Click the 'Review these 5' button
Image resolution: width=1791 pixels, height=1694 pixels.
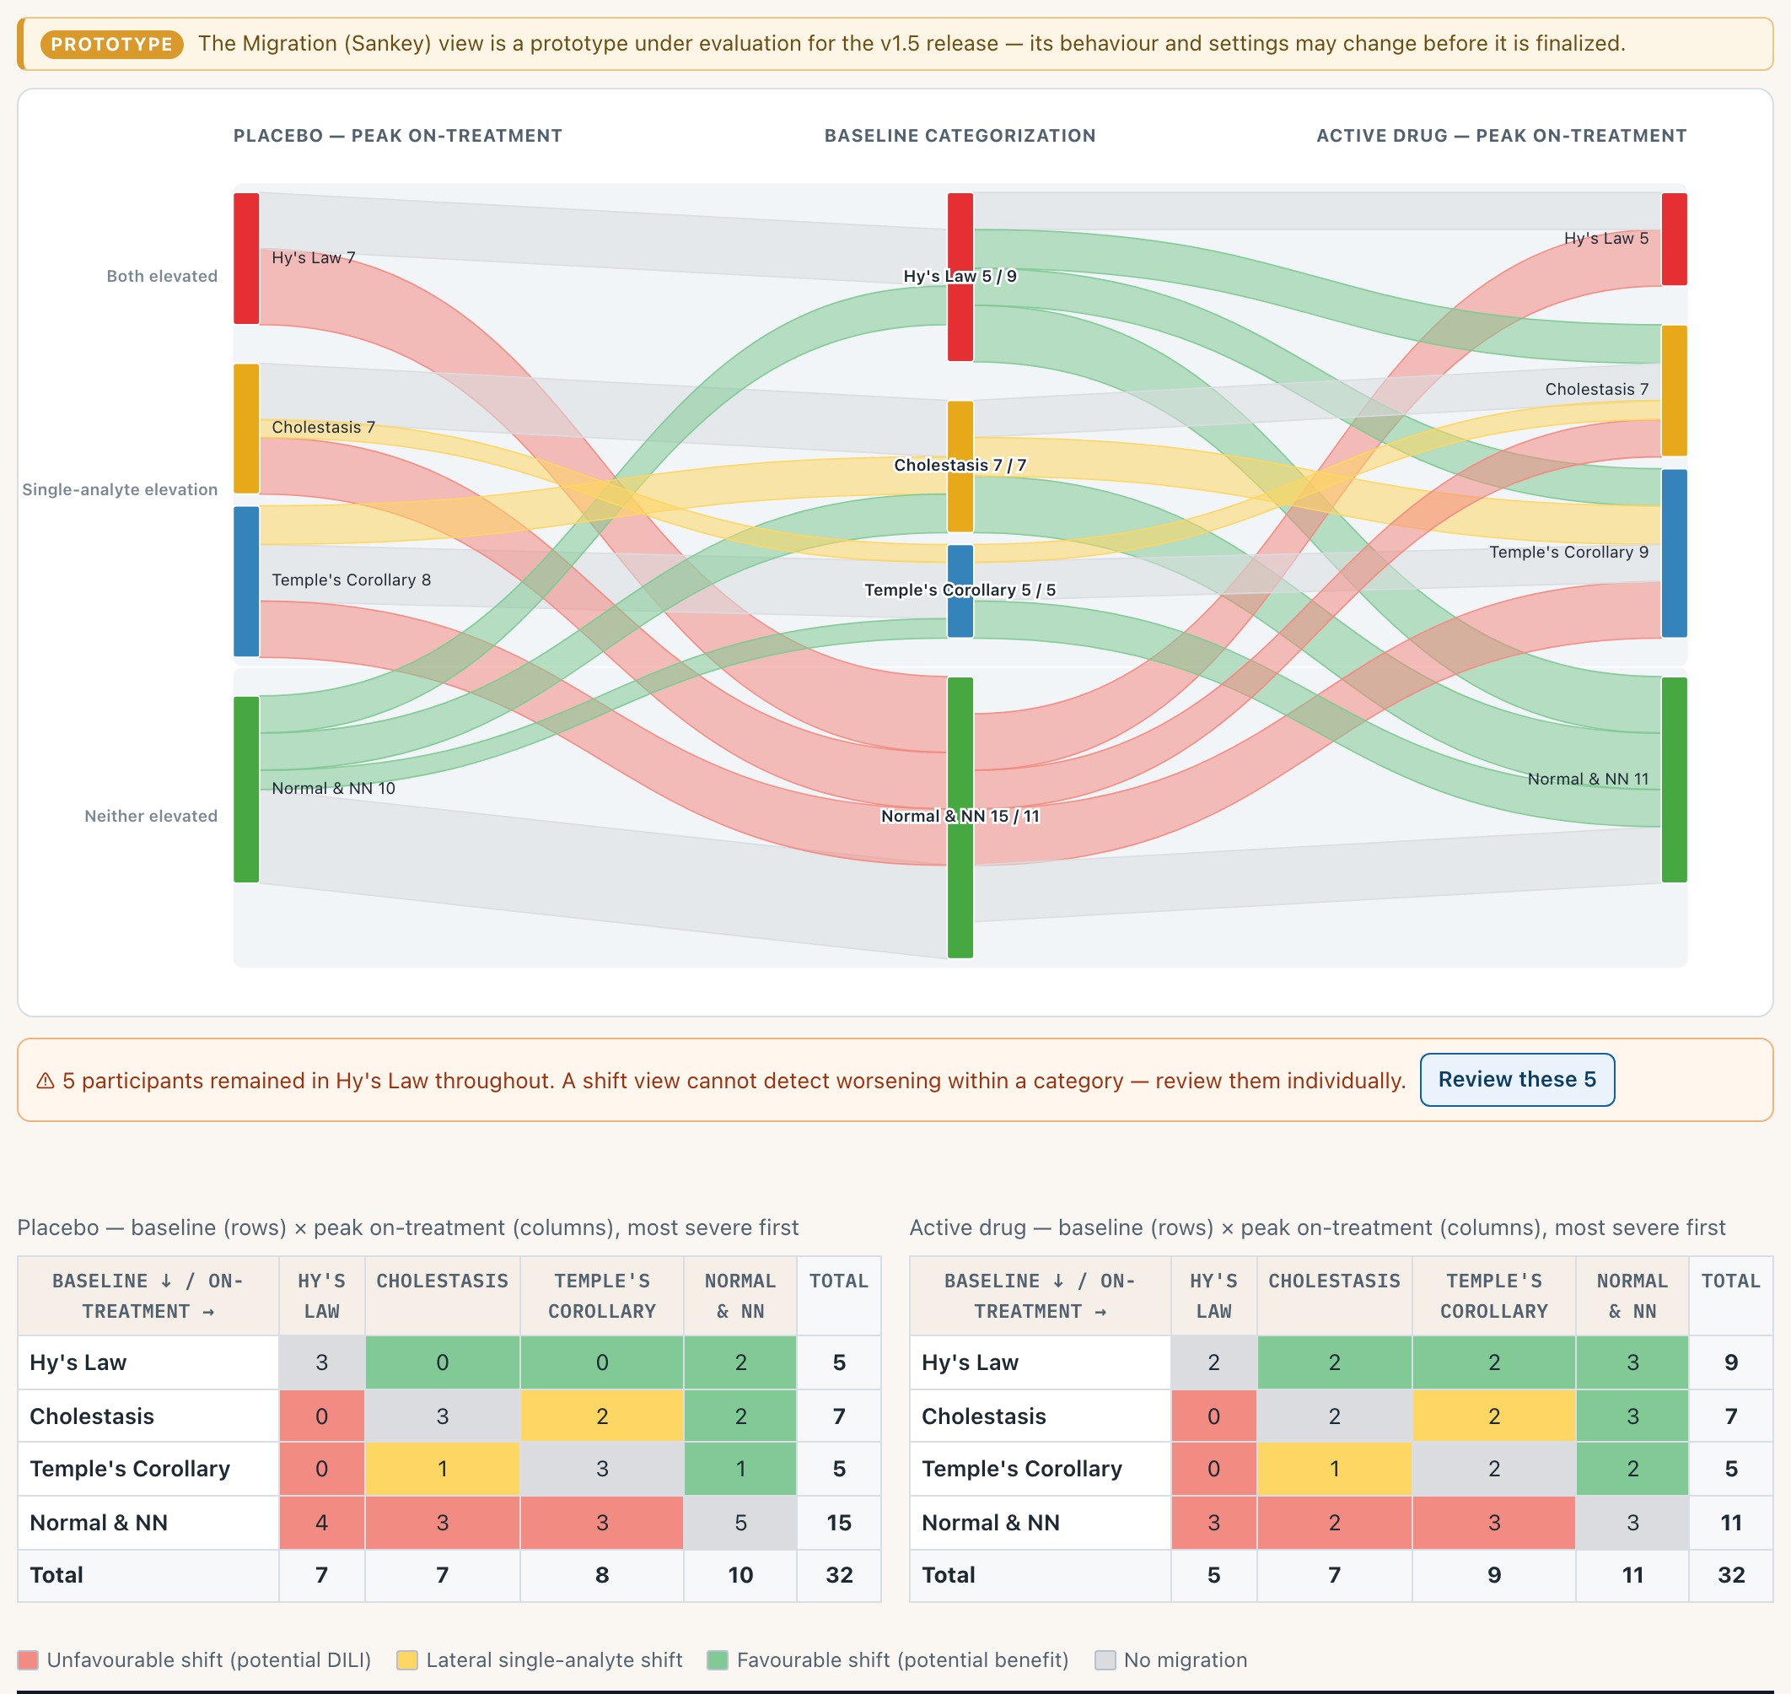(x=1517, y=1079)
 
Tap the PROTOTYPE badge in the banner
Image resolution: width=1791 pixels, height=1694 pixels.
(x=112, y=44)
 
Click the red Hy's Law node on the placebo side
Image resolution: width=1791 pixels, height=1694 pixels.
(x=246, y=258)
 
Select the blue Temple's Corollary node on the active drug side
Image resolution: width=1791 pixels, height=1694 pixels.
(x=1674, y=553)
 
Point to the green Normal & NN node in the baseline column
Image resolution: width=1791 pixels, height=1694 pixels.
(x=960, y=817)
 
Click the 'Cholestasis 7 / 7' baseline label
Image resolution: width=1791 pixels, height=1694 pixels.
(x=960, y=465)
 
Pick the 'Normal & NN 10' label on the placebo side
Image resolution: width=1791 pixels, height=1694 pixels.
(x=333, y=788)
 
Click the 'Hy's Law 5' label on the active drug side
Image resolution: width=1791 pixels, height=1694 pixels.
(x=1606, y=239)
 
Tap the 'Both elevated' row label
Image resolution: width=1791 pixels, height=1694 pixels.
(x=162, y=277)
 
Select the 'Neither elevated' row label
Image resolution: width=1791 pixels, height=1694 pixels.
(x=151, y=817)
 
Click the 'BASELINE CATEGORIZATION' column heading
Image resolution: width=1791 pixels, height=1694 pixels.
(x=960, y=136)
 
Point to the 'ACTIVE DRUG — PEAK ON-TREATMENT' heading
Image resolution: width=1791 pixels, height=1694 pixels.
(x=1501, y=136)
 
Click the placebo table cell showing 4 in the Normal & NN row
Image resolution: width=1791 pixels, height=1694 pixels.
(x=321, y=1523)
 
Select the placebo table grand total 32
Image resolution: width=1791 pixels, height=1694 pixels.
(x=839, y=1575)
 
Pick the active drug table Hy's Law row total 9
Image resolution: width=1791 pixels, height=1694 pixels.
(x=1730, y=1362)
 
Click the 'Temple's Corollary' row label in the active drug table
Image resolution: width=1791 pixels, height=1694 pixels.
(x=1021, y=1468)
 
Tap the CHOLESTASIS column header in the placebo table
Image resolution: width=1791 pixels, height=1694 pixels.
(x=443, y=1281)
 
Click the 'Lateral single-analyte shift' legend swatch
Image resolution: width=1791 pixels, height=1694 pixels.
(x=407, y=1659)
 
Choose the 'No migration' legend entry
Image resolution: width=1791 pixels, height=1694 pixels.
(x=1171, y=1659)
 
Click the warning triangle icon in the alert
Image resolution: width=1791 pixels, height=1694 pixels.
(x=46, y=1081)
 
